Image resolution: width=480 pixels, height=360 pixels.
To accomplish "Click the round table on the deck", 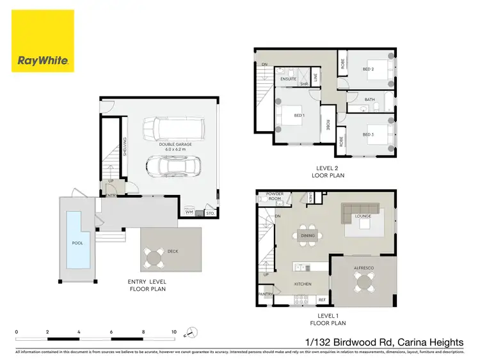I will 154,258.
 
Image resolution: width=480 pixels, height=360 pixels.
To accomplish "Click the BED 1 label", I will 298,115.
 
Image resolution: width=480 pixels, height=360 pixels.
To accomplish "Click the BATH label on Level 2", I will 369,100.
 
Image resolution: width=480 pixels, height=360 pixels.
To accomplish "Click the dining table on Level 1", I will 308,235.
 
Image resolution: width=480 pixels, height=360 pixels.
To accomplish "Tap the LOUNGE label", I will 364,216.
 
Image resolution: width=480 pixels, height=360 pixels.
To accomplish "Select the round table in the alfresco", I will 364,281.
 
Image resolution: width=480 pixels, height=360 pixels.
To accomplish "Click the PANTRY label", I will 266,294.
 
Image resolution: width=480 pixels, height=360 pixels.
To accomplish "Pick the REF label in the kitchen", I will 322,299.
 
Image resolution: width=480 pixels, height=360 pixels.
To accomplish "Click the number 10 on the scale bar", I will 173,332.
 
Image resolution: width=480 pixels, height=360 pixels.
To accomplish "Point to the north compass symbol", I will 191,333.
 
